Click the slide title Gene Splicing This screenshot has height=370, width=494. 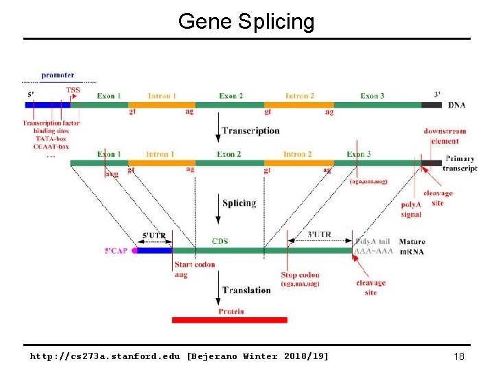(x=246, y=21)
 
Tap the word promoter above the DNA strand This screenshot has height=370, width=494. (x=58, y=75)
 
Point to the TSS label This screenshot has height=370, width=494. (x=73, y=90)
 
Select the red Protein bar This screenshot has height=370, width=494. (x=229, y=320)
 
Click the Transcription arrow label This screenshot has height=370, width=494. (x=250, y=130)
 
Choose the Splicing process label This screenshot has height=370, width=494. (x=239, y=203)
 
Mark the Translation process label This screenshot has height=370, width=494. (x=246, y=290)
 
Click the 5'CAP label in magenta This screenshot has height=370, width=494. (x=117, y=251)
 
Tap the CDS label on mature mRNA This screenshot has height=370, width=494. (x=220, y=241)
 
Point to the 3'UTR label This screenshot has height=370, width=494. (x=319, y=234)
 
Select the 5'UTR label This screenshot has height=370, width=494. (x=153, y=235)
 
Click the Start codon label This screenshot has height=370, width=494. (x=194, y=264)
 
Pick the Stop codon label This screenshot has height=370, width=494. (x=300, y=275)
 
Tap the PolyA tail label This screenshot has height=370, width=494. (x=374, y=241)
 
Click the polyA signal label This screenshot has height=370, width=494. (x=412, y=210)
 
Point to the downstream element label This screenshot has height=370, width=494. (x=445, y=136)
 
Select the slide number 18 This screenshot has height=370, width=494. (x=458, y=356)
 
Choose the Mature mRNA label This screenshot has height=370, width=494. (x=412, y=247)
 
